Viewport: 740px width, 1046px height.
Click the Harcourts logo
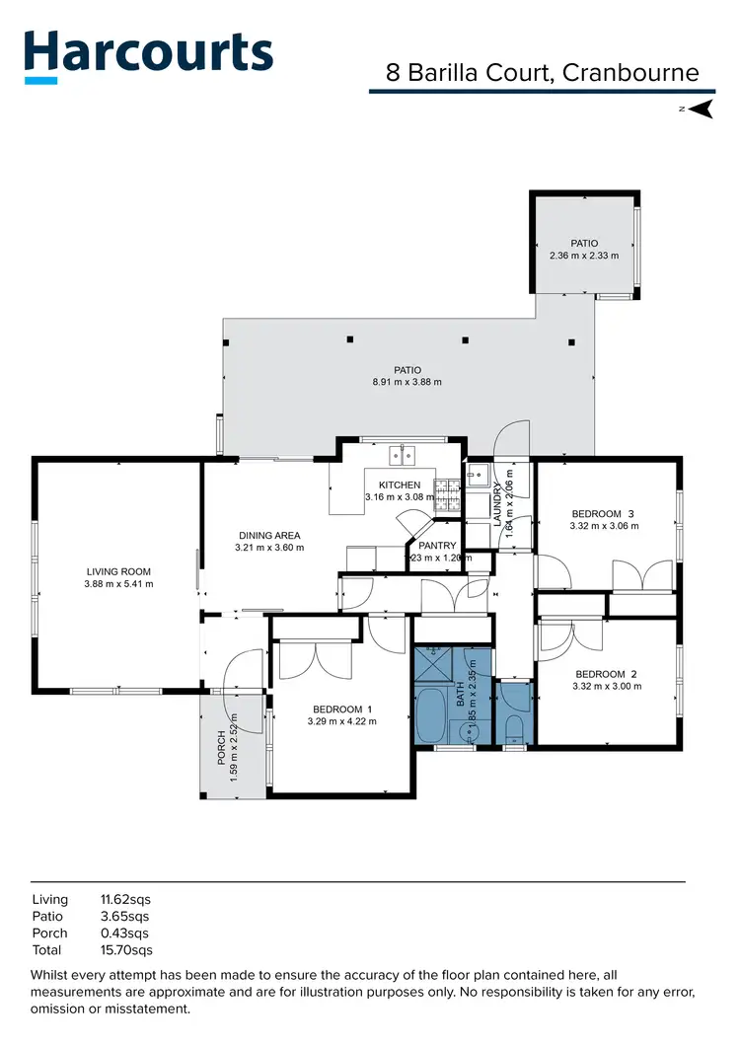click(148, 54)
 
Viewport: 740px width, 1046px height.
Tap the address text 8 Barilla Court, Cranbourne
click(543, 73)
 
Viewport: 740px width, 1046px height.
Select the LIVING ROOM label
click(118, 571)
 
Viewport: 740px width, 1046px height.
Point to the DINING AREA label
click(269, 536)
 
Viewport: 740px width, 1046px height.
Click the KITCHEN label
click(400, 486)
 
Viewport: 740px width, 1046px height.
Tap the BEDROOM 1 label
click(342, 709)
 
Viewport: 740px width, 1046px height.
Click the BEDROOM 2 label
click(606, 674)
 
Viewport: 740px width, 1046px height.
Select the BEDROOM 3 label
click(604, 513)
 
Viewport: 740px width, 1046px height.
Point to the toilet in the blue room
click(514, 729)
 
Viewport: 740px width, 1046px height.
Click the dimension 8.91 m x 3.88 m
click(407, 382)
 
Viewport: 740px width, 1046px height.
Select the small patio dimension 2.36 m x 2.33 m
click(584, 256)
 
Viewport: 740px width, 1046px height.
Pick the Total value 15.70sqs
click(126, 950)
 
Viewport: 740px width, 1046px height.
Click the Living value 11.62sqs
click(125, 900)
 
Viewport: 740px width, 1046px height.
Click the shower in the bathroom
click(431, 666)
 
